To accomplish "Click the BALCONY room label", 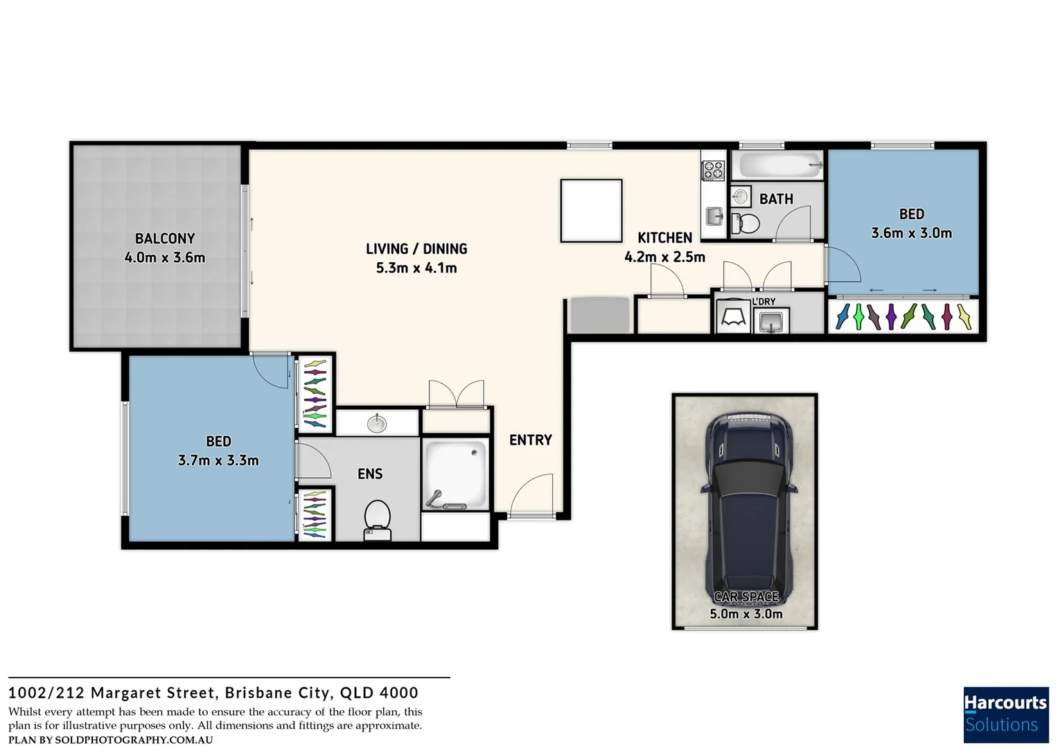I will point(165,239).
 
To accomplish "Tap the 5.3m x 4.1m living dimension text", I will point(416,268).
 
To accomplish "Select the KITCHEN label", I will point(664,238).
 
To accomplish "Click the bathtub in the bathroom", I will point(779,166).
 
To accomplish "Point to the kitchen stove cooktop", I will point(713,171).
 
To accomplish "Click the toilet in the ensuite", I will point(377,519).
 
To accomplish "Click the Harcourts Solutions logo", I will point(1005,714).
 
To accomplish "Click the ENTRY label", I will point(530,440).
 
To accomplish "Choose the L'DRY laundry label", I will point(764,302).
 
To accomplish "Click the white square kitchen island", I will point(591,211).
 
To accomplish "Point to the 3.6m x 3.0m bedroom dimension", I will point(911,234).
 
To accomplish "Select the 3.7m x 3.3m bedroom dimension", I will point(218,460).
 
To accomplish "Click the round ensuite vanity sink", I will point(377,422).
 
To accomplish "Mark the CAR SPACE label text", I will point(746,596).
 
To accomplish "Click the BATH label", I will point(776,200).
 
